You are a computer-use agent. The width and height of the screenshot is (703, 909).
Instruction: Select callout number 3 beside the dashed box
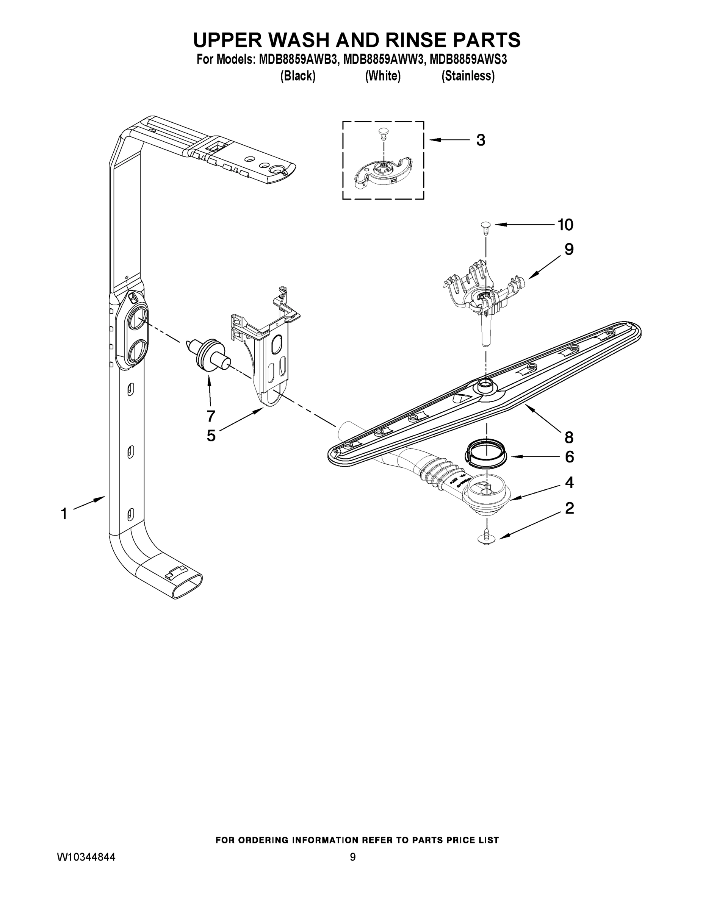481,140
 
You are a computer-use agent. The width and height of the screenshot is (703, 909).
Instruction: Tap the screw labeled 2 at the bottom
486,537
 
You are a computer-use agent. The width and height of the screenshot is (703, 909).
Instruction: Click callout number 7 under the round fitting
211,415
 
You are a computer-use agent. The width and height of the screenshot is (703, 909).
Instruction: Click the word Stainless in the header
468,76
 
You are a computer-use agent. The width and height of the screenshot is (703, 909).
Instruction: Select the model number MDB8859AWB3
297,59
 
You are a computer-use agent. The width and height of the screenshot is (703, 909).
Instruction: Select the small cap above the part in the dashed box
383,132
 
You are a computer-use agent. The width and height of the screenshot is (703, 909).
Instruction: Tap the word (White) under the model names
383,76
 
